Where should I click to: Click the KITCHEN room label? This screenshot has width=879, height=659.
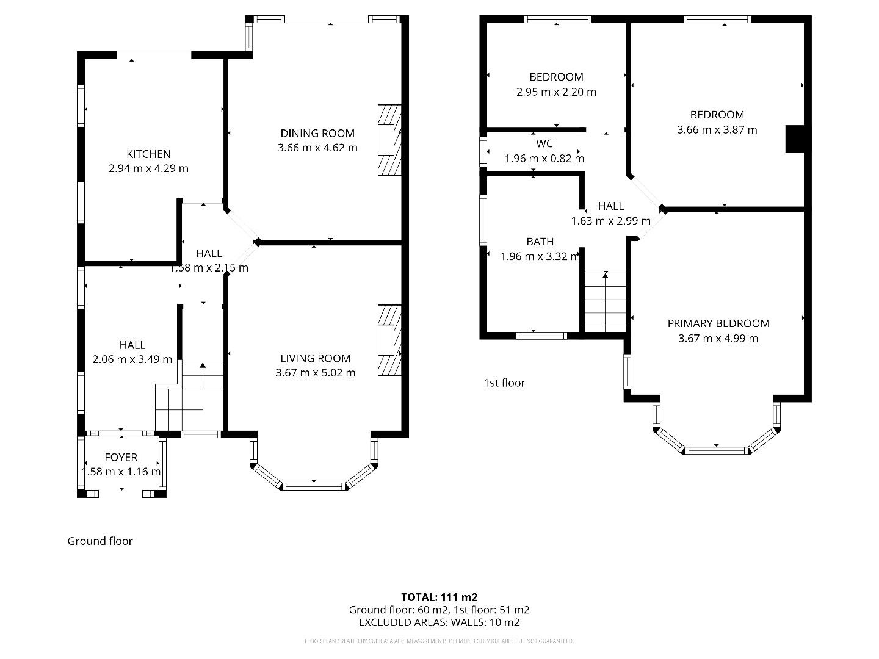tap(148, 154)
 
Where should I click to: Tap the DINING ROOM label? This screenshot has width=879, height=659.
tap(317, 134)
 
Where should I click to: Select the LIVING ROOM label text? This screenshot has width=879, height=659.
tap(316, 359)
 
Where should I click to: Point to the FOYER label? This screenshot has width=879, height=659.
tap(121, 458)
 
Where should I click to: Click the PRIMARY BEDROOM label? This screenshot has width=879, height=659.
tap(718, 324)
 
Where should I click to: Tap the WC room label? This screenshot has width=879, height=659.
tap(544, 144)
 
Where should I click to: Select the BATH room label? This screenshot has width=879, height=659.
tap(540, 242)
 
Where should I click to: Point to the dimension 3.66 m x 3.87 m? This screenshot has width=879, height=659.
tap(717, 130)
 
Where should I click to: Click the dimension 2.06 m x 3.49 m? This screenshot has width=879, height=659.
tap(132, 360)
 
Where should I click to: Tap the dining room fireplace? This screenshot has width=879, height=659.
tap(389, 140)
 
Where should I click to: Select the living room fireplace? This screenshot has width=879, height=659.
tap(389, 340)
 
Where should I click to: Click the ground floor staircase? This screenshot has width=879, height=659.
tap(189, 397)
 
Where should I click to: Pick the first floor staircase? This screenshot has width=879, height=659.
tap(605, 302)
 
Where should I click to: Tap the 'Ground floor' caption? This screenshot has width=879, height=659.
tap(100, 541)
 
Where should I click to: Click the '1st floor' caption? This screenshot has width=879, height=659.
tap(504, 383)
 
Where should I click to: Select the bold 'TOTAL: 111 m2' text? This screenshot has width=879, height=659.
tap(439, 597)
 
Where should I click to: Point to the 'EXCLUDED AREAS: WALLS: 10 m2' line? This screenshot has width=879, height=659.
tap(439, 623)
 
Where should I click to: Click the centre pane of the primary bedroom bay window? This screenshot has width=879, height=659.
tap(716, 450)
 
